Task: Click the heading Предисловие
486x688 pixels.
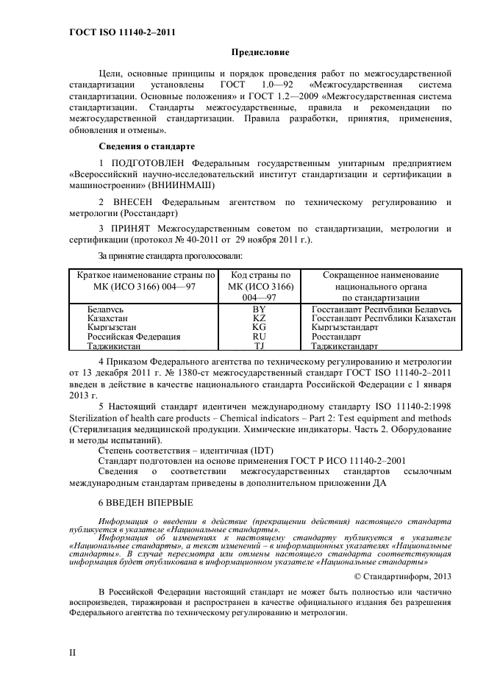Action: [261, 52]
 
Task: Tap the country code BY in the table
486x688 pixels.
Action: [259, 309]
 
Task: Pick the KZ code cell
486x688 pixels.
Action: [259, 318]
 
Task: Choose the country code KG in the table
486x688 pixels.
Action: [259, 327]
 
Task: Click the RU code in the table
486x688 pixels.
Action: [259, 336]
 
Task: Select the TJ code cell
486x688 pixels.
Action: [259, 345]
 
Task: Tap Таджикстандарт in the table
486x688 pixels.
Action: [345, 345]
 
